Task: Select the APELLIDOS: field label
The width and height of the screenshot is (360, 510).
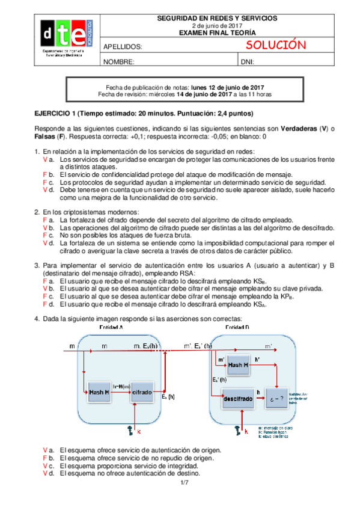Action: pos(123,47)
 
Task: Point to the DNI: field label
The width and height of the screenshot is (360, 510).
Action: pos(248,62)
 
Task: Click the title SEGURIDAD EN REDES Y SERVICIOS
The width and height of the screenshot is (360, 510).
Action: pos(217,19)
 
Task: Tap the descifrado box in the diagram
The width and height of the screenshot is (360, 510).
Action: pos(231,398)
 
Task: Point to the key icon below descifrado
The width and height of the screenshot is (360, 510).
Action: pos(238,429)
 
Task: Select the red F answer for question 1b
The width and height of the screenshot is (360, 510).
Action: pos(45,174)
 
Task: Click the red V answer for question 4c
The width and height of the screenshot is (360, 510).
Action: pos(45,465)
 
